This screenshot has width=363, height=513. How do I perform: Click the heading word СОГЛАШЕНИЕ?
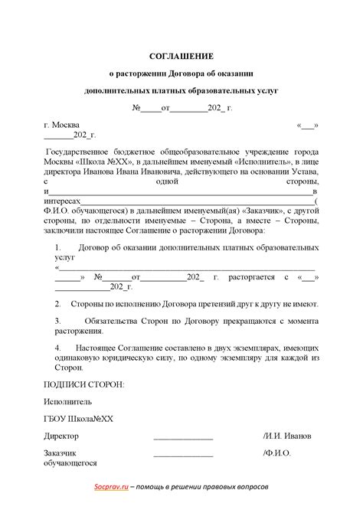tap(181, 56)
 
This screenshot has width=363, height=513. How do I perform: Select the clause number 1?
tap(57, 248)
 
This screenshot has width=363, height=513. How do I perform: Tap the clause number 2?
tap(57, 304)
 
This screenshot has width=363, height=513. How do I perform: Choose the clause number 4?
tap(57, 348)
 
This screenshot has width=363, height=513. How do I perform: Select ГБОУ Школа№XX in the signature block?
tap(78, 418)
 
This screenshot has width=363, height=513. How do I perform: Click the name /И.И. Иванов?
tap(286, 436)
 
